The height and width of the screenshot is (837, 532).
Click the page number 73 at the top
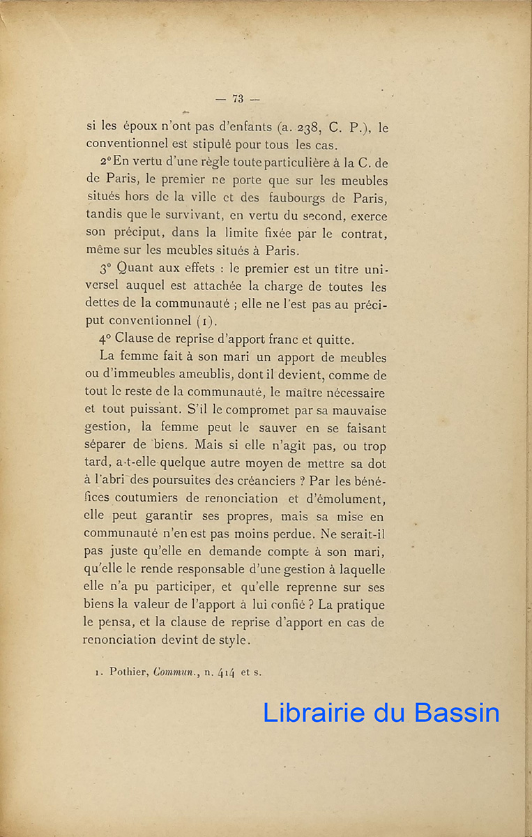[238, 99]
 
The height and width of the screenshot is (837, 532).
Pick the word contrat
[364, 234]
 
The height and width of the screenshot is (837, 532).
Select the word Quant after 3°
[132, 269]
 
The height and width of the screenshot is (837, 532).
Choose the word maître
[303, 393]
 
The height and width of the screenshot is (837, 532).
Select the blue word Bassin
[457, 712]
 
